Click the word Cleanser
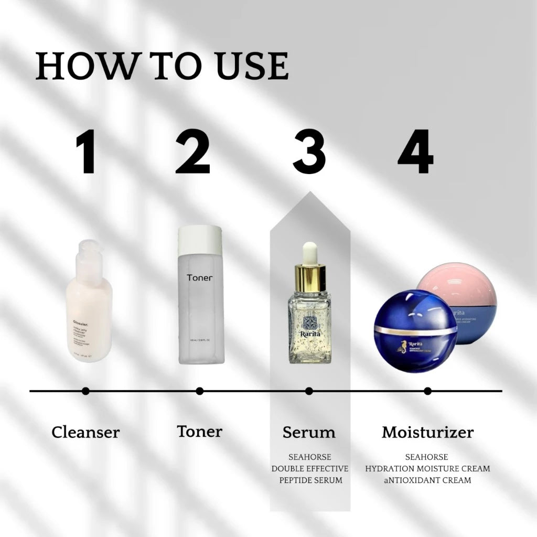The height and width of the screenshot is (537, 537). tap(85, 433)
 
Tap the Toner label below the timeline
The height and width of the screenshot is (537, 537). tap(199, 432)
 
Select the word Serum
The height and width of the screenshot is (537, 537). tap(309, 433)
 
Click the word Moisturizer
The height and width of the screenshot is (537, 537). tap(427, 433)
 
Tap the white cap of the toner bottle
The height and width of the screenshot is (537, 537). tap(200, 240)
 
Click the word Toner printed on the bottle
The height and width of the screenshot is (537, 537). tap(200, 277)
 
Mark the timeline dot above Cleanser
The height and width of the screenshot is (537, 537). tap(85, 391)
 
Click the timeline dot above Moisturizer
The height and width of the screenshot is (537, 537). tap(427, 391)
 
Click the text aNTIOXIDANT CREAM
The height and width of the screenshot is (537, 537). tap(427, 480)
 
